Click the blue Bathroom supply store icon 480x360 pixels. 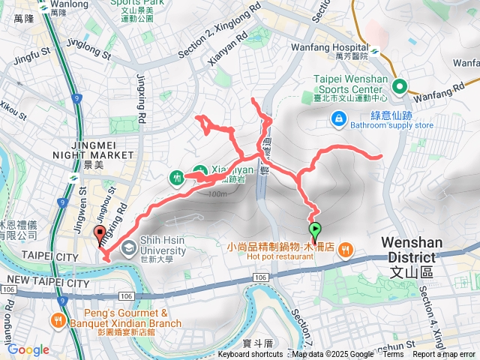coord(339,118)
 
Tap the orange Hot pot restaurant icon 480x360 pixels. coord(345,249)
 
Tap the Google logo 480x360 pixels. coord(28,349)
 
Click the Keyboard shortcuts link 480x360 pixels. coord(250,355)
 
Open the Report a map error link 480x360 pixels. coord(444,355)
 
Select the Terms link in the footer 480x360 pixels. coord(393,355)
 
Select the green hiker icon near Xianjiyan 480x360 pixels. coord(177,177)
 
